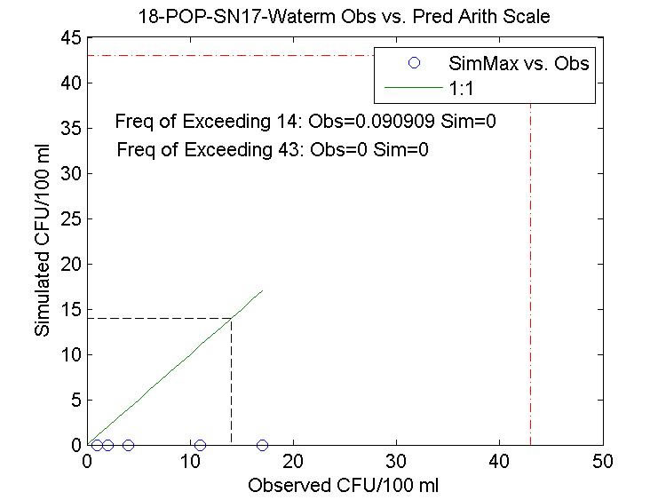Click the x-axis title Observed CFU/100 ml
click(344, 486)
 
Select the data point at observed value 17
click(262, 445)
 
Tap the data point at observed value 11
click(200, 445)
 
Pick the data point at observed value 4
click(128, 445)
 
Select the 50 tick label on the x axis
click(603, 462)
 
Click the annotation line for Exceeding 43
click(273, 149)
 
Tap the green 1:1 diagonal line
click(178, 368)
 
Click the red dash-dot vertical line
click(531, 266)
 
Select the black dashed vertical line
click(232, 382)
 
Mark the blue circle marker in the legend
click(413, 63)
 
